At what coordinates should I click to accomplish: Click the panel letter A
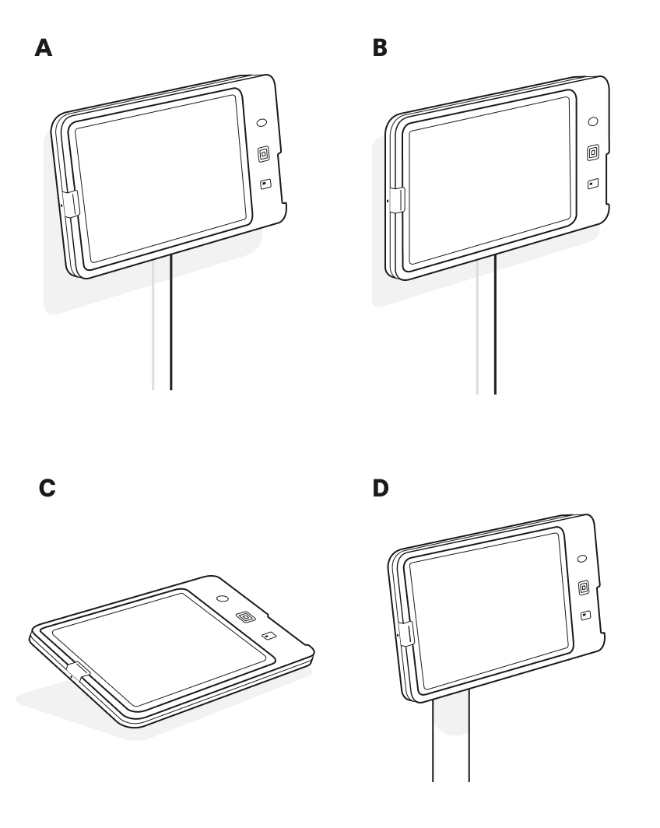(44, 47)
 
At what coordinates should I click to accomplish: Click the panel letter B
(380, 47)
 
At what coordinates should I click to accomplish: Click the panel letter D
(380, 488)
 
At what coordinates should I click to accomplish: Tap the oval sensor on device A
(262, 122)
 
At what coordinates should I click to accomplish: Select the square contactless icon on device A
(264, 154)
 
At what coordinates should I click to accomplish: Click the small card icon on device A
(265, 184)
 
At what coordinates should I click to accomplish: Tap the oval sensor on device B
(593, 121)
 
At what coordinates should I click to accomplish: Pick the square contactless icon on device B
(593, 153)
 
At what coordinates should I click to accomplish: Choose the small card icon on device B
(593, 184)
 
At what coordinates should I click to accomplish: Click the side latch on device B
(397, 200)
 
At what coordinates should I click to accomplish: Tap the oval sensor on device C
(223, 599)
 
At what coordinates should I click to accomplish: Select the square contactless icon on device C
(245, 617)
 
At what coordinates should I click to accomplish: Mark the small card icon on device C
(269, 635)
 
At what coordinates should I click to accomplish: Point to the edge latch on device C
(79, 670)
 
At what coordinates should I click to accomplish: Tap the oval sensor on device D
(582, 558)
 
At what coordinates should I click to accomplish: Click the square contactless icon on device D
(584, 588)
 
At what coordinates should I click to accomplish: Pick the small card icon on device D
(585, 616)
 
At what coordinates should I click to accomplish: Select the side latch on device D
(406, 633)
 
